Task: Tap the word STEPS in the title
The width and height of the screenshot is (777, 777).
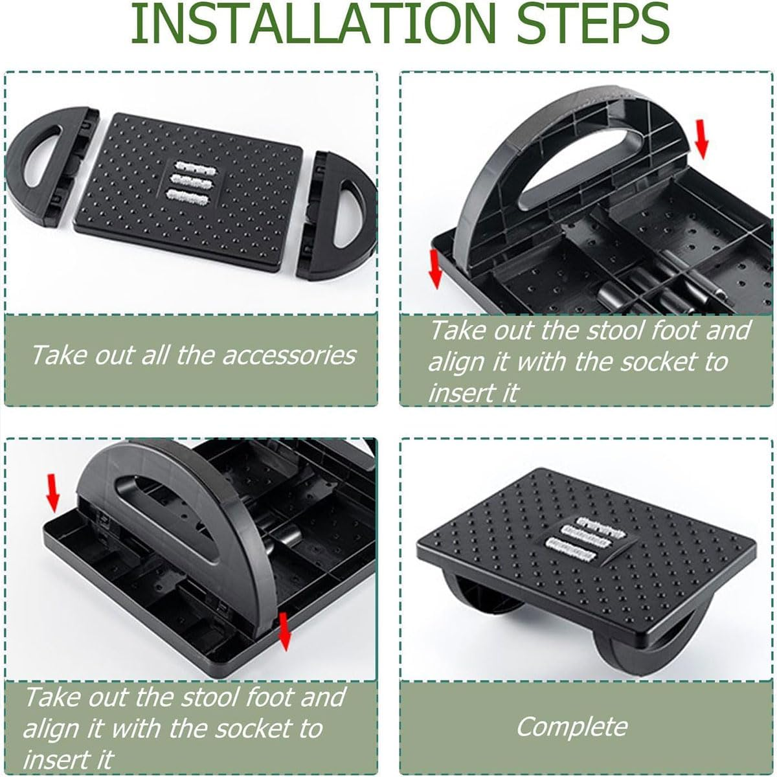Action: (592, 24)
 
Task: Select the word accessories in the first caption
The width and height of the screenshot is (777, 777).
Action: (289, 355)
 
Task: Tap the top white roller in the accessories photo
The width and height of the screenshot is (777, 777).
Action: (194, 166)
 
